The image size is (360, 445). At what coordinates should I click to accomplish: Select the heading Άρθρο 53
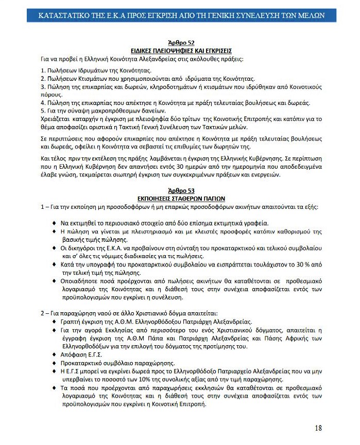click(181, 190)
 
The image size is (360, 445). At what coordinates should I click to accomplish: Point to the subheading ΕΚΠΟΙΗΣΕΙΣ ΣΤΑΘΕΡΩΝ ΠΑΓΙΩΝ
click(181, 198)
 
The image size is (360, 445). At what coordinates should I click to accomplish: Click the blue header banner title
click(181, 15)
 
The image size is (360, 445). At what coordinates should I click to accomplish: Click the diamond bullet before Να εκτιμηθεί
click(55, 223)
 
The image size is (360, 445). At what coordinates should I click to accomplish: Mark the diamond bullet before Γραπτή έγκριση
click(55, 321)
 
